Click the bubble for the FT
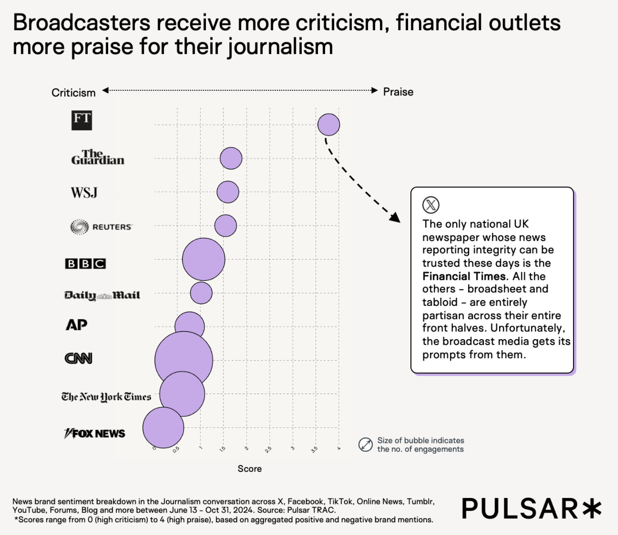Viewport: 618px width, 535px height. [x=329, y=125]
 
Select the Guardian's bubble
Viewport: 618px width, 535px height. [x=231, y=158]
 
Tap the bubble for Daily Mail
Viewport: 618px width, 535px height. [x=201, y=293]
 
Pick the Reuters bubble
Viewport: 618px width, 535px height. [x=225, y=225]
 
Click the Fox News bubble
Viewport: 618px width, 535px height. [x=163, y=428]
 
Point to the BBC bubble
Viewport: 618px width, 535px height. [x=204, y=259]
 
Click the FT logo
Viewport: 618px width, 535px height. [x=81, y=120]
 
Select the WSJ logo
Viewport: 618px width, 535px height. [x=84, y=193]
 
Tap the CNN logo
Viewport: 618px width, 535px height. [x=78, y=358]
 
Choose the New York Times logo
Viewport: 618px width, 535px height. [x=106, y=397]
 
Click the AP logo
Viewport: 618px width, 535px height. [x=76, y=325]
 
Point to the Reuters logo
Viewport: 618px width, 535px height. [x=101, y=227]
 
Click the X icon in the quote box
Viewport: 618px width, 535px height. [x=431, y=205]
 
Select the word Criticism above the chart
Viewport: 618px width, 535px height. [x=73, y=93]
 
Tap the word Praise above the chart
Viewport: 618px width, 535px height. [x=398, y=92]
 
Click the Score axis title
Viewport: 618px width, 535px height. [x=250, y=469]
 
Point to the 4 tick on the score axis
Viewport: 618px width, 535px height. [x=339, y=448]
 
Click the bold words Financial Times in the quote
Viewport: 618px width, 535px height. [x=464, y=276]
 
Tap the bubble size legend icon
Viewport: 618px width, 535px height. [x=365, y=445]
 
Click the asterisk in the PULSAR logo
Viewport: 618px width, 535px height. [x=592, y=508]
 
